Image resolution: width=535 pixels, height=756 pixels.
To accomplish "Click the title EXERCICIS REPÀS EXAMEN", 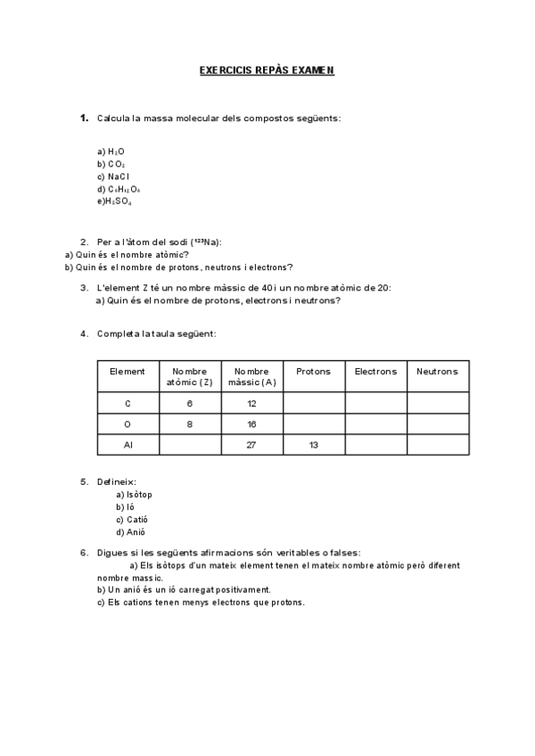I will pyautogui.click(x=267, y=70).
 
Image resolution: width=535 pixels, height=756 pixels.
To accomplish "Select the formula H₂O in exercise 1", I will pyautogui.click(x=116, y=152).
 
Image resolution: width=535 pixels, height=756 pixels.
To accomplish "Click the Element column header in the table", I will pyautogui.click(x=127, y=371).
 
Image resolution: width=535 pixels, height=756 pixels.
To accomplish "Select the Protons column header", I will pyautogui.click(x=313, y=371).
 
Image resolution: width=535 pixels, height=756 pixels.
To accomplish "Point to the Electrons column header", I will pyautogui.click(x=375, y=371).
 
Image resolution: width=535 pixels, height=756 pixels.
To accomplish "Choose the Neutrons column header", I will pyautogui.click(x=437, y=371).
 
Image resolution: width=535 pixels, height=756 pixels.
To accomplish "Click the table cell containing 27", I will pyautogui.click(x=251, y=444).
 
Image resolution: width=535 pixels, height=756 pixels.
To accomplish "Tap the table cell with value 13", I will pyautogui.click(x=313, y=444).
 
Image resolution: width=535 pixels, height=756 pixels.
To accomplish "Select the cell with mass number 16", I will pyautogui.click(x=251, y=423).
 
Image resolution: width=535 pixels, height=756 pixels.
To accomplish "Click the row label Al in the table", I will pyautogui.click(x=127, y=444).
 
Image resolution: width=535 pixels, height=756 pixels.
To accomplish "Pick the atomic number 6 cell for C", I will pyautogui.click(x=189, y=403).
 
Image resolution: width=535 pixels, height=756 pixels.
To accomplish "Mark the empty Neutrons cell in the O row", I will pyautogui.click(x=437, y=423).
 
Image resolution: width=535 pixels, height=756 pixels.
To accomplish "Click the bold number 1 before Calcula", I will pyautogui.click(x=83, y=118).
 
